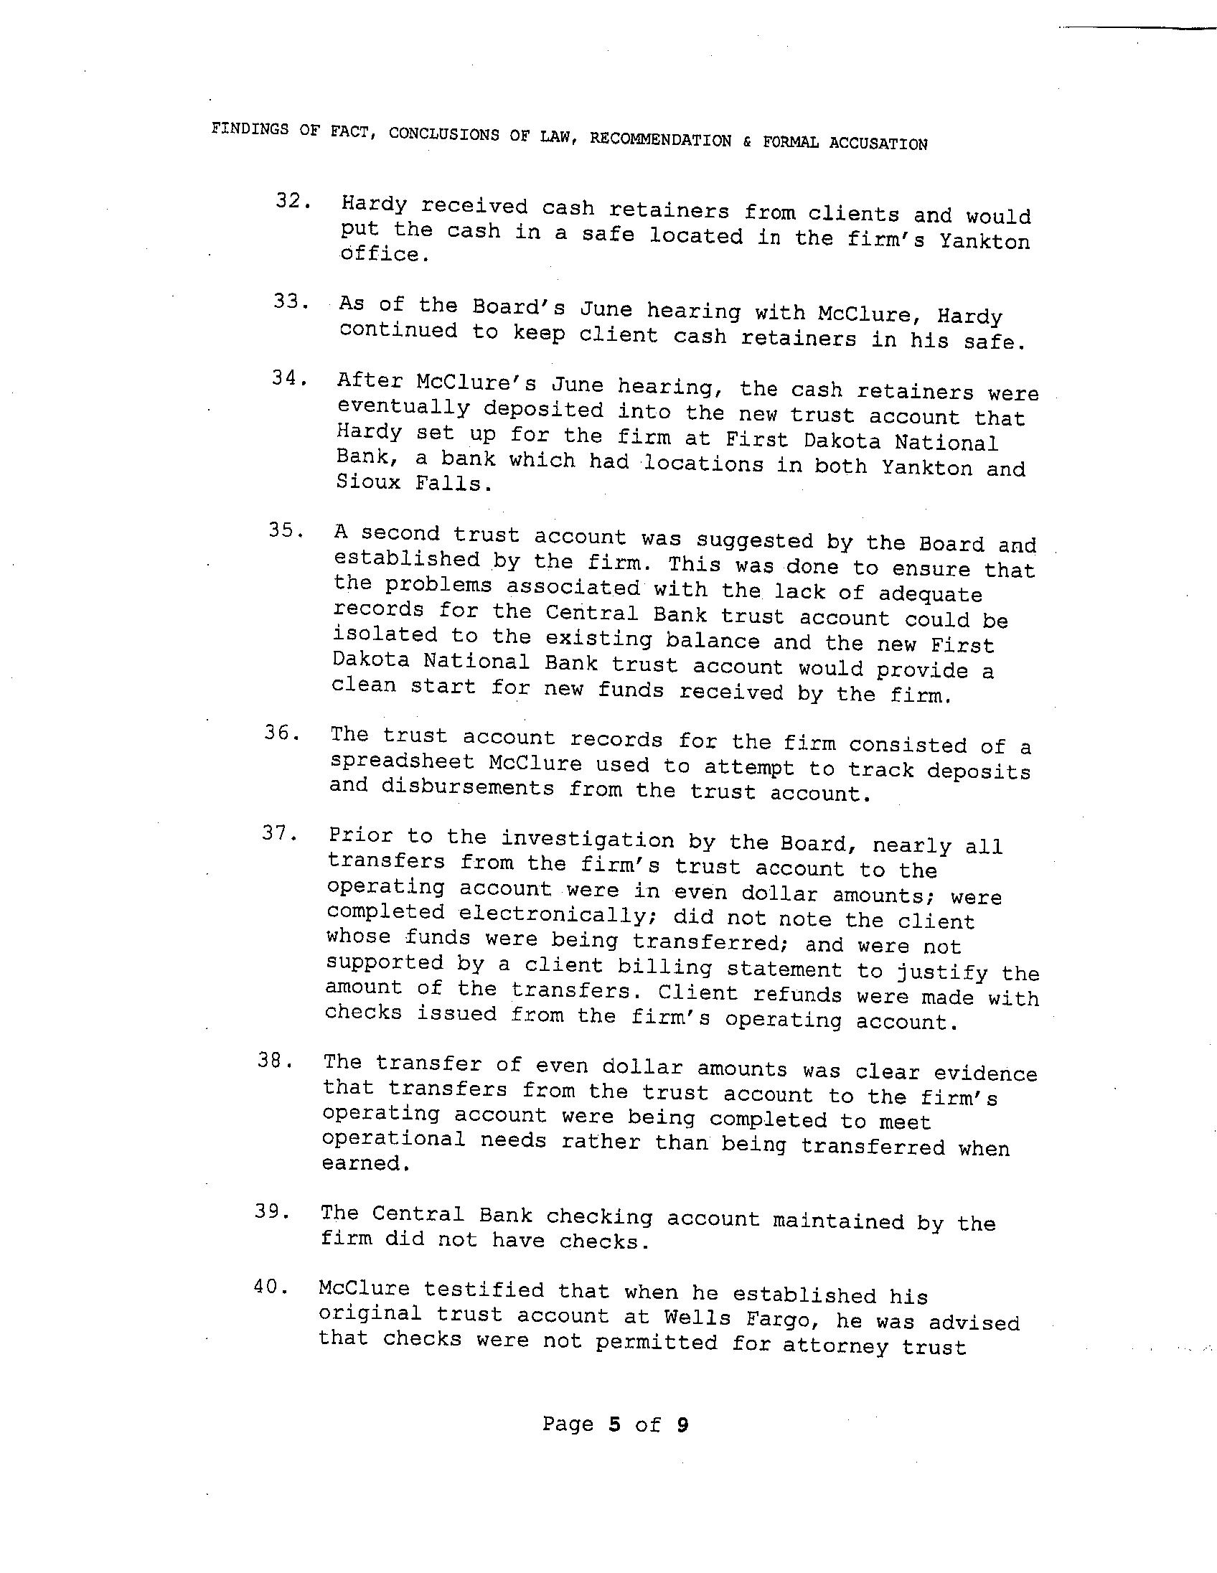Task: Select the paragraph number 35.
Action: [x=283, y=530]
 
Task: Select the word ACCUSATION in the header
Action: [x=878, y=144]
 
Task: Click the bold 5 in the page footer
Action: [x=614, y=1424]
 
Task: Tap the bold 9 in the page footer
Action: [x=682, y=1424]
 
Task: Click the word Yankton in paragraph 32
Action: [x=985, y=241]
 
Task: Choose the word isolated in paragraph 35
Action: [x=385, y=635]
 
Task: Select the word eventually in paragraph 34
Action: [x=403, y=408]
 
